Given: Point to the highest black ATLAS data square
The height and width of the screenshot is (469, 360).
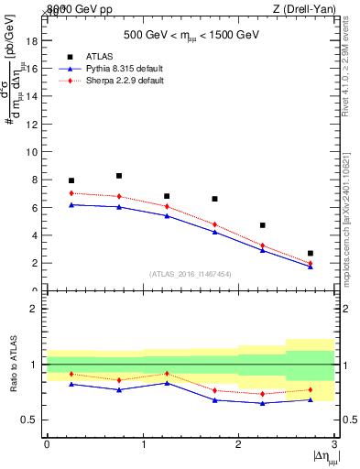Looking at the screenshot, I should tap(119, 176).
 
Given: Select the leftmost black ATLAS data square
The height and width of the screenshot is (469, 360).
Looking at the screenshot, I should tap(71, 180).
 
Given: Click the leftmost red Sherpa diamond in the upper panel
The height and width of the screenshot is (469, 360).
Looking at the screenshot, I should tap(71, 193).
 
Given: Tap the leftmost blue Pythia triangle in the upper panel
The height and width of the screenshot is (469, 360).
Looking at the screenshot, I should tap(71, 204).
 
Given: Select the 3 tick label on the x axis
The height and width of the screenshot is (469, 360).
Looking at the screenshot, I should tap(334, 444).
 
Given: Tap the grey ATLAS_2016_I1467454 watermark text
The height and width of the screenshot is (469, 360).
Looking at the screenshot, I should tap(191, 274).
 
